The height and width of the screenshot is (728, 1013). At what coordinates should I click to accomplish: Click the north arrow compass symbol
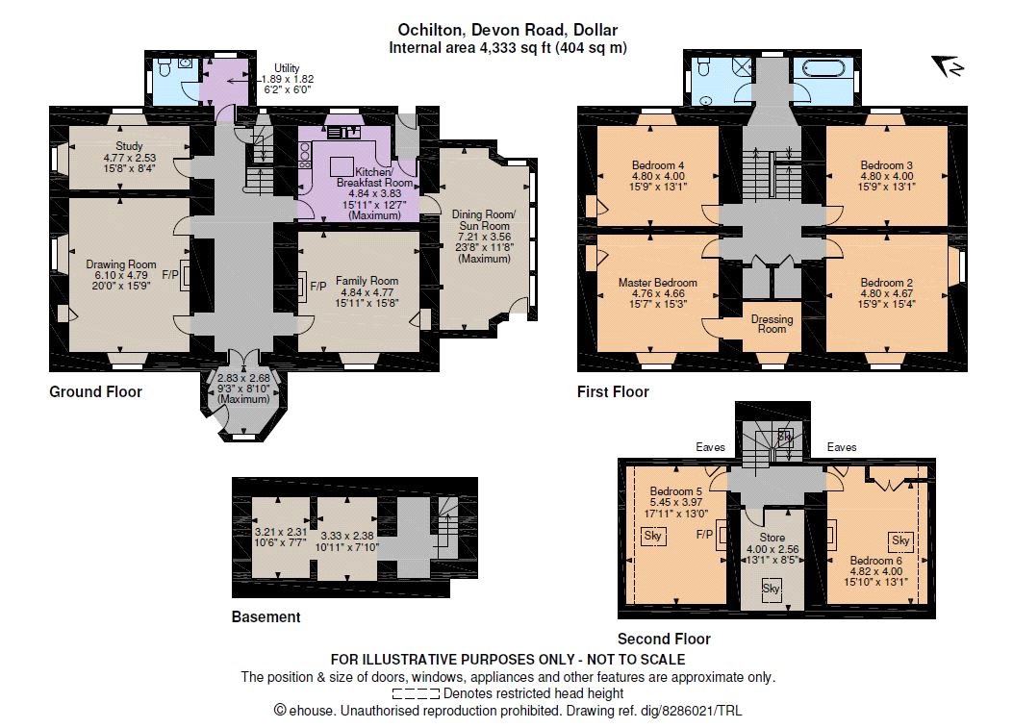[x=948, y=65]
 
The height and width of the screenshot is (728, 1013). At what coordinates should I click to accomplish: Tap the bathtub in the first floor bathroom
[x=823, y=68]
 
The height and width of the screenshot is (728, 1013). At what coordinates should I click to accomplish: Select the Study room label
[x=129, y=146]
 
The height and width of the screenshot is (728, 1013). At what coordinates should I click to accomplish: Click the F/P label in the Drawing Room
[x=170, y=275]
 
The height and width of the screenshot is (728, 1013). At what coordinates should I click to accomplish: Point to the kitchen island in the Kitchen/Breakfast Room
[x=342, y=166]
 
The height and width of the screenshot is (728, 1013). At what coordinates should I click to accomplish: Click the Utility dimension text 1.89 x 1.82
[x=288, y=79]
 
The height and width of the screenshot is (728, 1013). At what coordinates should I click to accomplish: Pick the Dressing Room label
[x=772, y=324]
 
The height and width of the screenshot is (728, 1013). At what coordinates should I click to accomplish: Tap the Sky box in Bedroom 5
[x=652, y=536]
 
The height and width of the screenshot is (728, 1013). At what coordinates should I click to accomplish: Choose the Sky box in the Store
[x=771, y=590]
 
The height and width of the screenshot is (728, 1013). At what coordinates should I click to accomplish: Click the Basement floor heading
[x=266, y=616]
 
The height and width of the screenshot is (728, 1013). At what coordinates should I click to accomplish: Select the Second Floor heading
[x=664, y=639]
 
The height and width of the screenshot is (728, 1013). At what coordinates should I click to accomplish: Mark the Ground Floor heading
[x=95, y=391]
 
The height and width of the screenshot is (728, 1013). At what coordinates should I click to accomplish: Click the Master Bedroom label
[x=658, y=283]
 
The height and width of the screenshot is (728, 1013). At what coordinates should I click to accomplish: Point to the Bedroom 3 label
[x=886, y=165]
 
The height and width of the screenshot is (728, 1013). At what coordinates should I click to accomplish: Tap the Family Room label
[x=367, y=281]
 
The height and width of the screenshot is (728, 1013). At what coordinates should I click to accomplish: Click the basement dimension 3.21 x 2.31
[x=281, y=532]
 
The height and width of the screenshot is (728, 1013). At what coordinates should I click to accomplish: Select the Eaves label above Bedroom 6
[x=842, y=447]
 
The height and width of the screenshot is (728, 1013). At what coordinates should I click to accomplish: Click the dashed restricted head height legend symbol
[x=416, y=694]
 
